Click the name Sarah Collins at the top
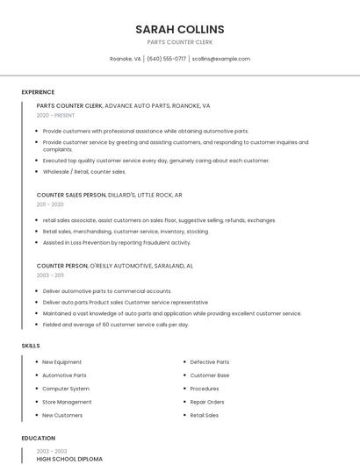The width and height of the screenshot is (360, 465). (x=179, y=29)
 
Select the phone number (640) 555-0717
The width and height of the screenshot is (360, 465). (x=166, y=59)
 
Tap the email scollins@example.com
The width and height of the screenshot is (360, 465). (x=221, y=59)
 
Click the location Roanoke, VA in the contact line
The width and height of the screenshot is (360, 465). (x=125, y=59)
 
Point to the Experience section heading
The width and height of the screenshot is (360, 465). (x=38, y=92)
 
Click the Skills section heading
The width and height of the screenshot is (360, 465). (x=31, y=346)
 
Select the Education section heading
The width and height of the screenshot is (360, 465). (x=38, y=438)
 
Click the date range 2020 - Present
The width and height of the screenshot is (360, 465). (x=55, y=115)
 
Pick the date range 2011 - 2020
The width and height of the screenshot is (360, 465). (x=50, y=204)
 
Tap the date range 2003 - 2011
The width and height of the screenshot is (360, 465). (x=50, y=275)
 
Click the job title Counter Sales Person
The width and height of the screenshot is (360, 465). (x=71, y=195)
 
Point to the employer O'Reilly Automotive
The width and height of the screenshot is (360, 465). (x=121, y=265)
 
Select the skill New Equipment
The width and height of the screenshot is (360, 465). (x=61, y=361)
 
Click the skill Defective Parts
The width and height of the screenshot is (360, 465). (x=210, y=361)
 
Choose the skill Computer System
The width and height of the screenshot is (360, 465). (x=66, y=389)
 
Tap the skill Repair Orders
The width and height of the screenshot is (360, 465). (x=207, y=402)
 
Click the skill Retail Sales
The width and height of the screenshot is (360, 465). (x=205, y=415)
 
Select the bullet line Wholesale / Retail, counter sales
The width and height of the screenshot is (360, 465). (x=84, y=172)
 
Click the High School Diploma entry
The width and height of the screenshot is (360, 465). (x=69, y=459)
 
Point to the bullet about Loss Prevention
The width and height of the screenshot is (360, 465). (x=117, y=242)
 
